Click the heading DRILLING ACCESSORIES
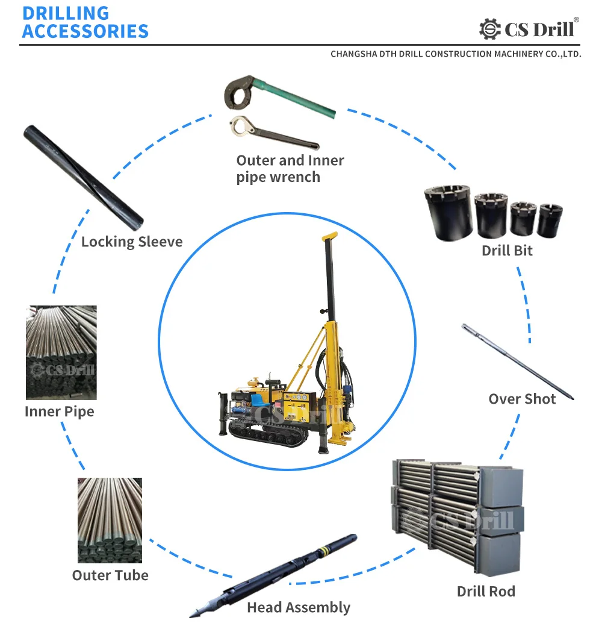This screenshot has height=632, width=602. pos(84,22)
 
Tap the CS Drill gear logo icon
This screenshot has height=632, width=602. pos(490,29)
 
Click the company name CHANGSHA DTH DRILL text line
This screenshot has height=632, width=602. pos(456,54)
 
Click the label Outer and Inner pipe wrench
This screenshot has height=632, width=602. pos(290,169)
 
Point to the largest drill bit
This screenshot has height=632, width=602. pos(448,213)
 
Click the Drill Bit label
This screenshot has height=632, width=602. pos(507,251)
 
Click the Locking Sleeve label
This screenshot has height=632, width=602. pos(132,242)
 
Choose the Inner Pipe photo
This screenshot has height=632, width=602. pos(61,352)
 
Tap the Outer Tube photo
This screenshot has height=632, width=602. pos(110,520)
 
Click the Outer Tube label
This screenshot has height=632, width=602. pos(110,575)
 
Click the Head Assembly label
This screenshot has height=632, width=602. pos(299,607)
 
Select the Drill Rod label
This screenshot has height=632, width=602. pos(486,591)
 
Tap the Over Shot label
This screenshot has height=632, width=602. pos(522,399)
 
